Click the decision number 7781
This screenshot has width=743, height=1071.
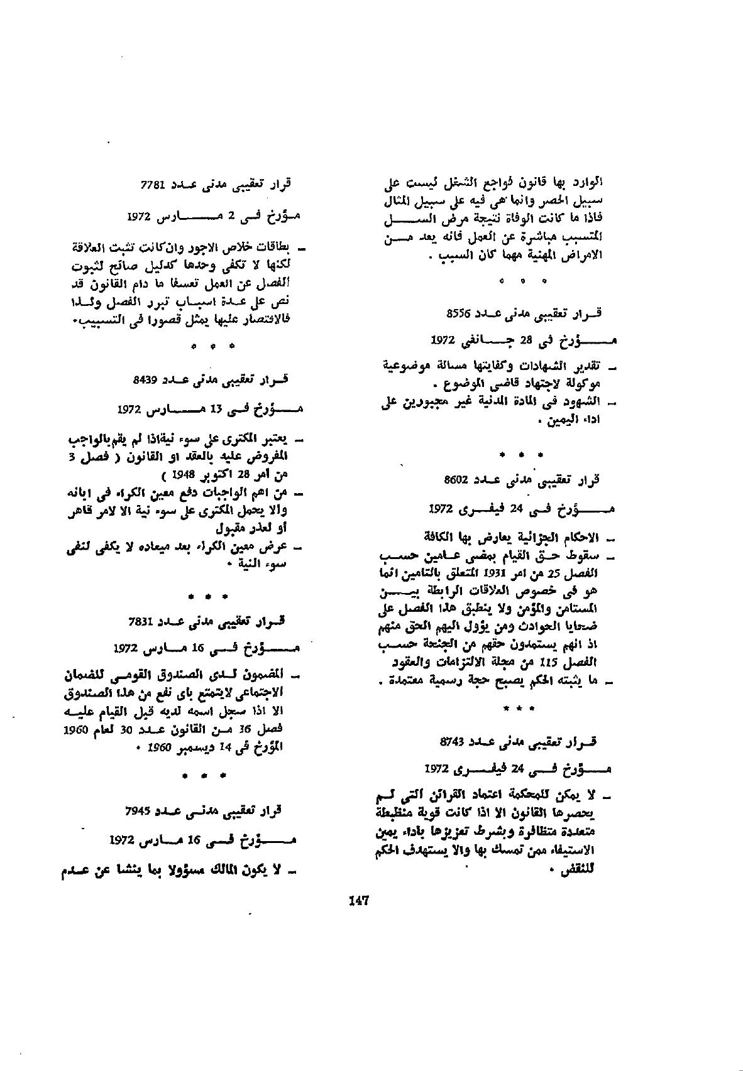pos(153,185)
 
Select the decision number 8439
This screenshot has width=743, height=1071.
pos(145,380)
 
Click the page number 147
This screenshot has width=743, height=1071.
pos(358,900)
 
